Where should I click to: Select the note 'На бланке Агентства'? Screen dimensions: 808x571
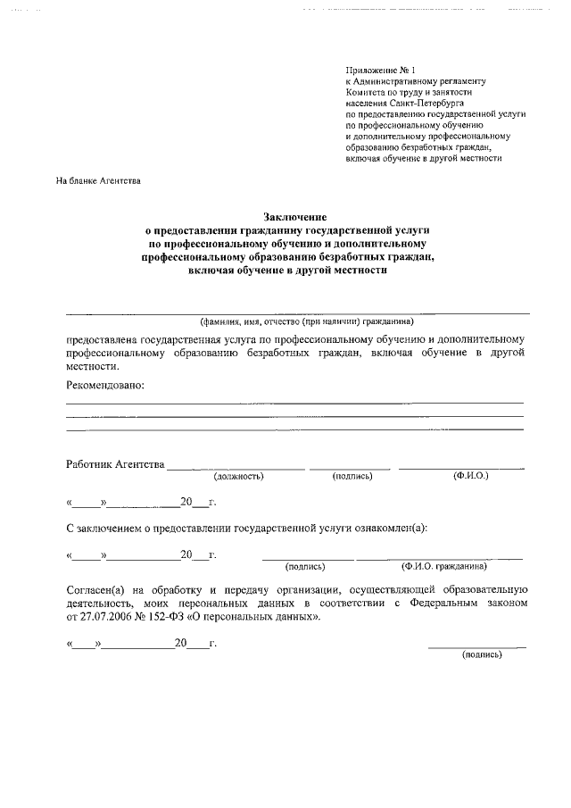point(97,181)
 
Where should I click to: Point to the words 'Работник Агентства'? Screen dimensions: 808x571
point(115,464)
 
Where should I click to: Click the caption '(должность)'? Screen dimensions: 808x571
point(239,477)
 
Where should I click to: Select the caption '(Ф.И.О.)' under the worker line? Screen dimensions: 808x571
point(470,476)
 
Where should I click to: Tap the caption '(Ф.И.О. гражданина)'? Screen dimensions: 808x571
point(443,566)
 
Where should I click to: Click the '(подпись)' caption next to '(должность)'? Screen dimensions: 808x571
point(352,477)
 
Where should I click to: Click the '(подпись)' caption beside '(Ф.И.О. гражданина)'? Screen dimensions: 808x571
point(305,566)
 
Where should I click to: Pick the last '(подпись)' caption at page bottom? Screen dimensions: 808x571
point(481,654)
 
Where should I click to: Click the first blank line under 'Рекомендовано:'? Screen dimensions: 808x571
point(294,404)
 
